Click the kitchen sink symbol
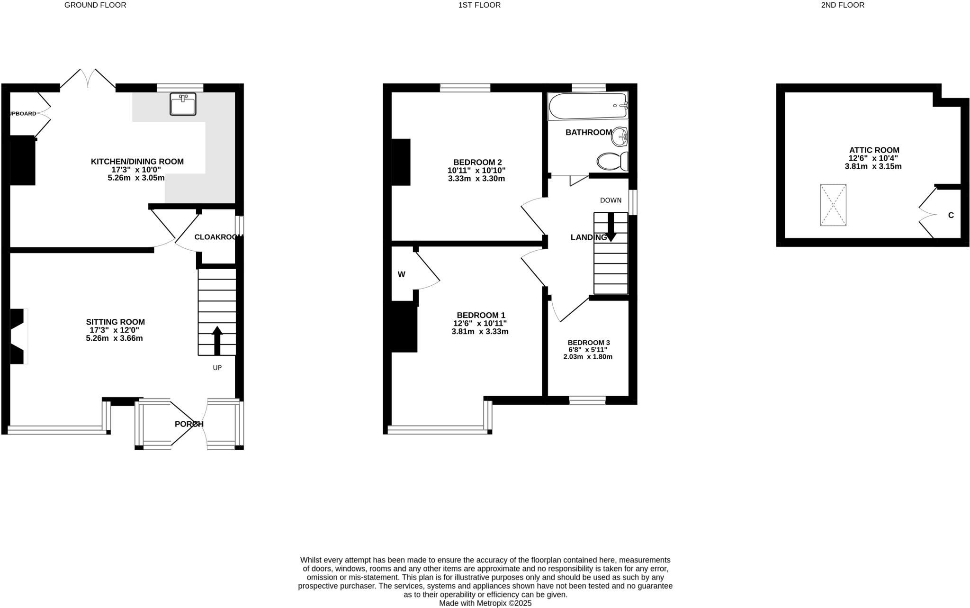(183, 104)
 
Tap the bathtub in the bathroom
(587, 106)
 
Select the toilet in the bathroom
(612, 162)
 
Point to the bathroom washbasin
(620, 137)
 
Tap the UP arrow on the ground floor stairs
(217, 340)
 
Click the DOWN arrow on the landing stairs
(611, 227)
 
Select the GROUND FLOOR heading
(95, 5)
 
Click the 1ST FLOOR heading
(479, 5)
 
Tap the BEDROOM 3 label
(589, 343)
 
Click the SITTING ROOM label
(115, 322)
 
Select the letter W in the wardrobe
(401, 274)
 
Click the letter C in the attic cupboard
(951, 215)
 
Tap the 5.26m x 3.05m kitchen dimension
(136, 178)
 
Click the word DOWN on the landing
(611, 200)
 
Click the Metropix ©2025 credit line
(485, 603)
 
